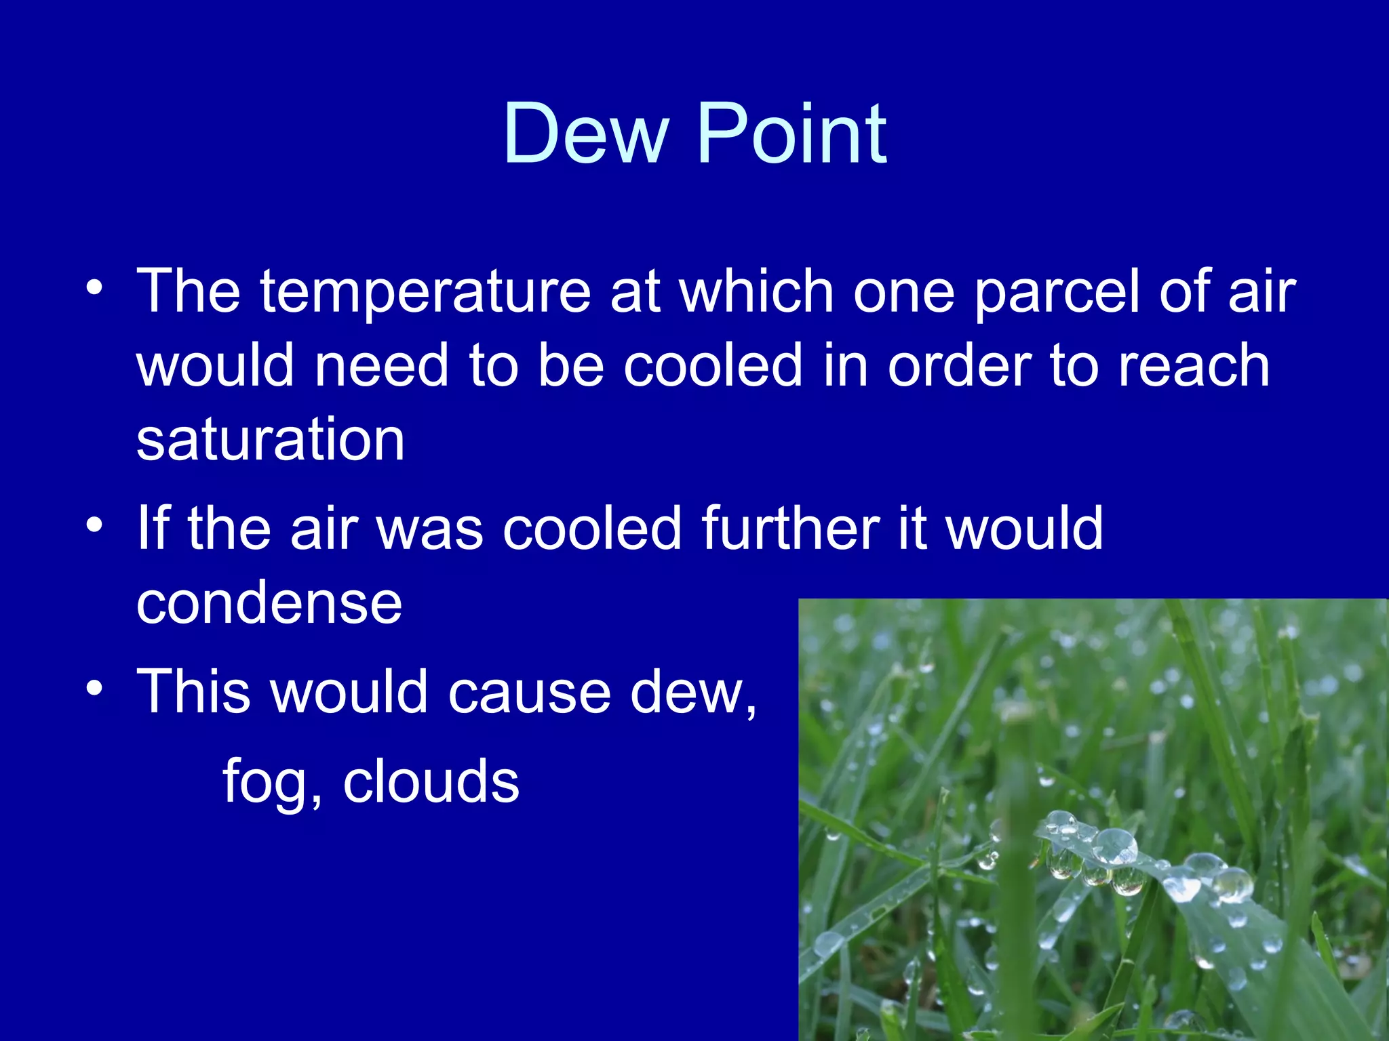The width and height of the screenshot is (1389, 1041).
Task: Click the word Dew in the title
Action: (585, 134)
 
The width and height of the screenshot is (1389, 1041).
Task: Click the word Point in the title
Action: (791, 134)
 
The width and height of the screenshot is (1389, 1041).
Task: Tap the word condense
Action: (269, 603)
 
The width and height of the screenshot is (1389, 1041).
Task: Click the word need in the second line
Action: (382, 366)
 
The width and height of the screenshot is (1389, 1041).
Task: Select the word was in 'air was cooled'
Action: (430, 529)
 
